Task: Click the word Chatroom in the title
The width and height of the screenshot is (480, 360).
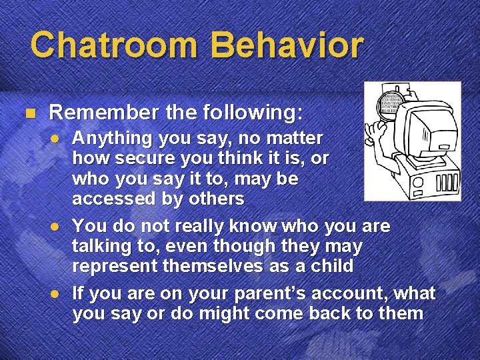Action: [114, 45]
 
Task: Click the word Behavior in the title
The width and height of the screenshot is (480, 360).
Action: [287, 45]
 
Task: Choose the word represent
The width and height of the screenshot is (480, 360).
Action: [114, 266]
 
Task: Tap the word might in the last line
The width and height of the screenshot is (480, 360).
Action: [213, 313]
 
